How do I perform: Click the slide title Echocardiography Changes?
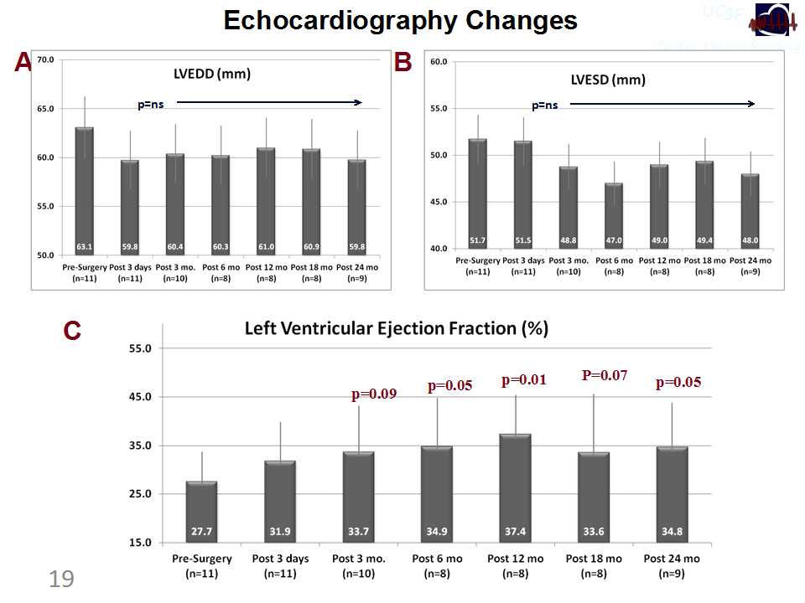[400, 21]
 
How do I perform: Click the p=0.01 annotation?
[524, 381]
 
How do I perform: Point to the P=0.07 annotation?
[605, 375]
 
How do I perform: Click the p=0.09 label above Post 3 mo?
[373, 393]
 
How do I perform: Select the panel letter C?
[72, 332]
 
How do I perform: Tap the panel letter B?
[402, 62]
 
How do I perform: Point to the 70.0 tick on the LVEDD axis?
[44, 60]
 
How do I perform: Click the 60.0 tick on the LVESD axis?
[439, 62]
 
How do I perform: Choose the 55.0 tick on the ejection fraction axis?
[141, 348]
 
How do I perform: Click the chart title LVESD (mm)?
[608, 80]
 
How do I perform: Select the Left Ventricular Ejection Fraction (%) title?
[396, 328]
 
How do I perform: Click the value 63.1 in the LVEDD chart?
[84, 247]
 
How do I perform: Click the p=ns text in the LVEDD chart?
[151, 106]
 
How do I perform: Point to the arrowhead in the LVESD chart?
[751, 105]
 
